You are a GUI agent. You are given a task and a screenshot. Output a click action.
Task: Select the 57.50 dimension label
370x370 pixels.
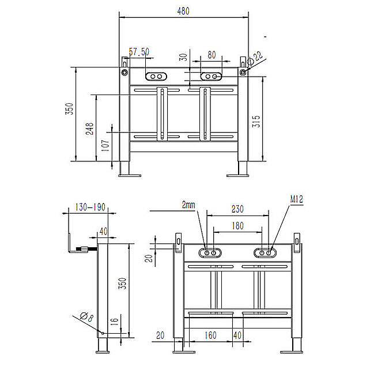tap(139, 52)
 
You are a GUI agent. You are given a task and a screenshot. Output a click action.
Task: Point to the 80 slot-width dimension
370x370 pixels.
tap(212, 55)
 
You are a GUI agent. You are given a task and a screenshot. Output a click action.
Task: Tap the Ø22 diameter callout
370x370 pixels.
tap(256, 56)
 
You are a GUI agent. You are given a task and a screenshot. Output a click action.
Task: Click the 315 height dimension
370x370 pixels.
tap(256, 121)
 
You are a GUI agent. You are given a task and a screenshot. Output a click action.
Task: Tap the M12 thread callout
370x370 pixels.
tap(297, 200)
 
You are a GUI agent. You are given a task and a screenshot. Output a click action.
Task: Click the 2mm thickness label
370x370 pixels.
tap(188, 205)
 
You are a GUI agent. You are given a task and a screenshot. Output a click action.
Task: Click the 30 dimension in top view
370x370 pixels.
tap(183, 58)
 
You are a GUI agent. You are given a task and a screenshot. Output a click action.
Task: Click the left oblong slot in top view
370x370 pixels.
tap(156, 76)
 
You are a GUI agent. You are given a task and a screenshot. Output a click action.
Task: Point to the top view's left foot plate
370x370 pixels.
tap(130, 174)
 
